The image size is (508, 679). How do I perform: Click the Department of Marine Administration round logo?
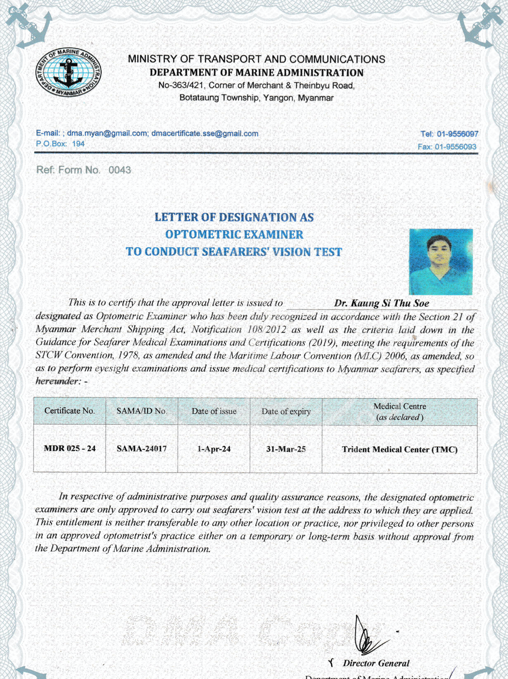click(x=69, y=73)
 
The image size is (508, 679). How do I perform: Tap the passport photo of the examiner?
click(x=440, y=261)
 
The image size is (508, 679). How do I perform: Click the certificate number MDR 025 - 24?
click(x=69, y=449)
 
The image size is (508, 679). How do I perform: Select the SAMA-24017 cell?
click(x=141, y=449)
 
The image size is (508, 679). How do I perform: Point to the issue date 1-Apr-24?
click(x=214, y=449)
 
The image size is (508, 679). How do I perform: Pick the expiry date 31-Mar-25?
click(x=286, y=449)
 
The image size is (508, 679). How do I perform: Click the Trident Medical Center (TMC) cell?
click(x=399, y=450)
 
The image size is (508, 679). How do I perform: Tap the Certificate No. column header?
click(x=69, y=411)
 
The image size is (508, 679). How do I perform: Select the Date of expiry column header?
click(x=286, y=411)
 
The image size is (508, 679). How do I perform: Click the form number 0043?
click(x=119, y=170)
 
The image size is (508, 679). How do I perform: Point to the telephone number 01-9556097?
click(x=457, y=134)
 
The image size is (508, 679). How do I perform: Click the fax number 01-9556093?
click(x=455, y=147)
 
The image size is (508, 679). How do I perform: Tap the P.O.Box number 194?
click(x=78, y=144)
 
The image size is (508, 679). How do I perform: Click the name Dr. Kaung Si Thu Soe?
click(x=381, y=303)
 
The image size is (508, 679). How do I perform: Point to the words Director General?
click(x=376, y=663)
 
